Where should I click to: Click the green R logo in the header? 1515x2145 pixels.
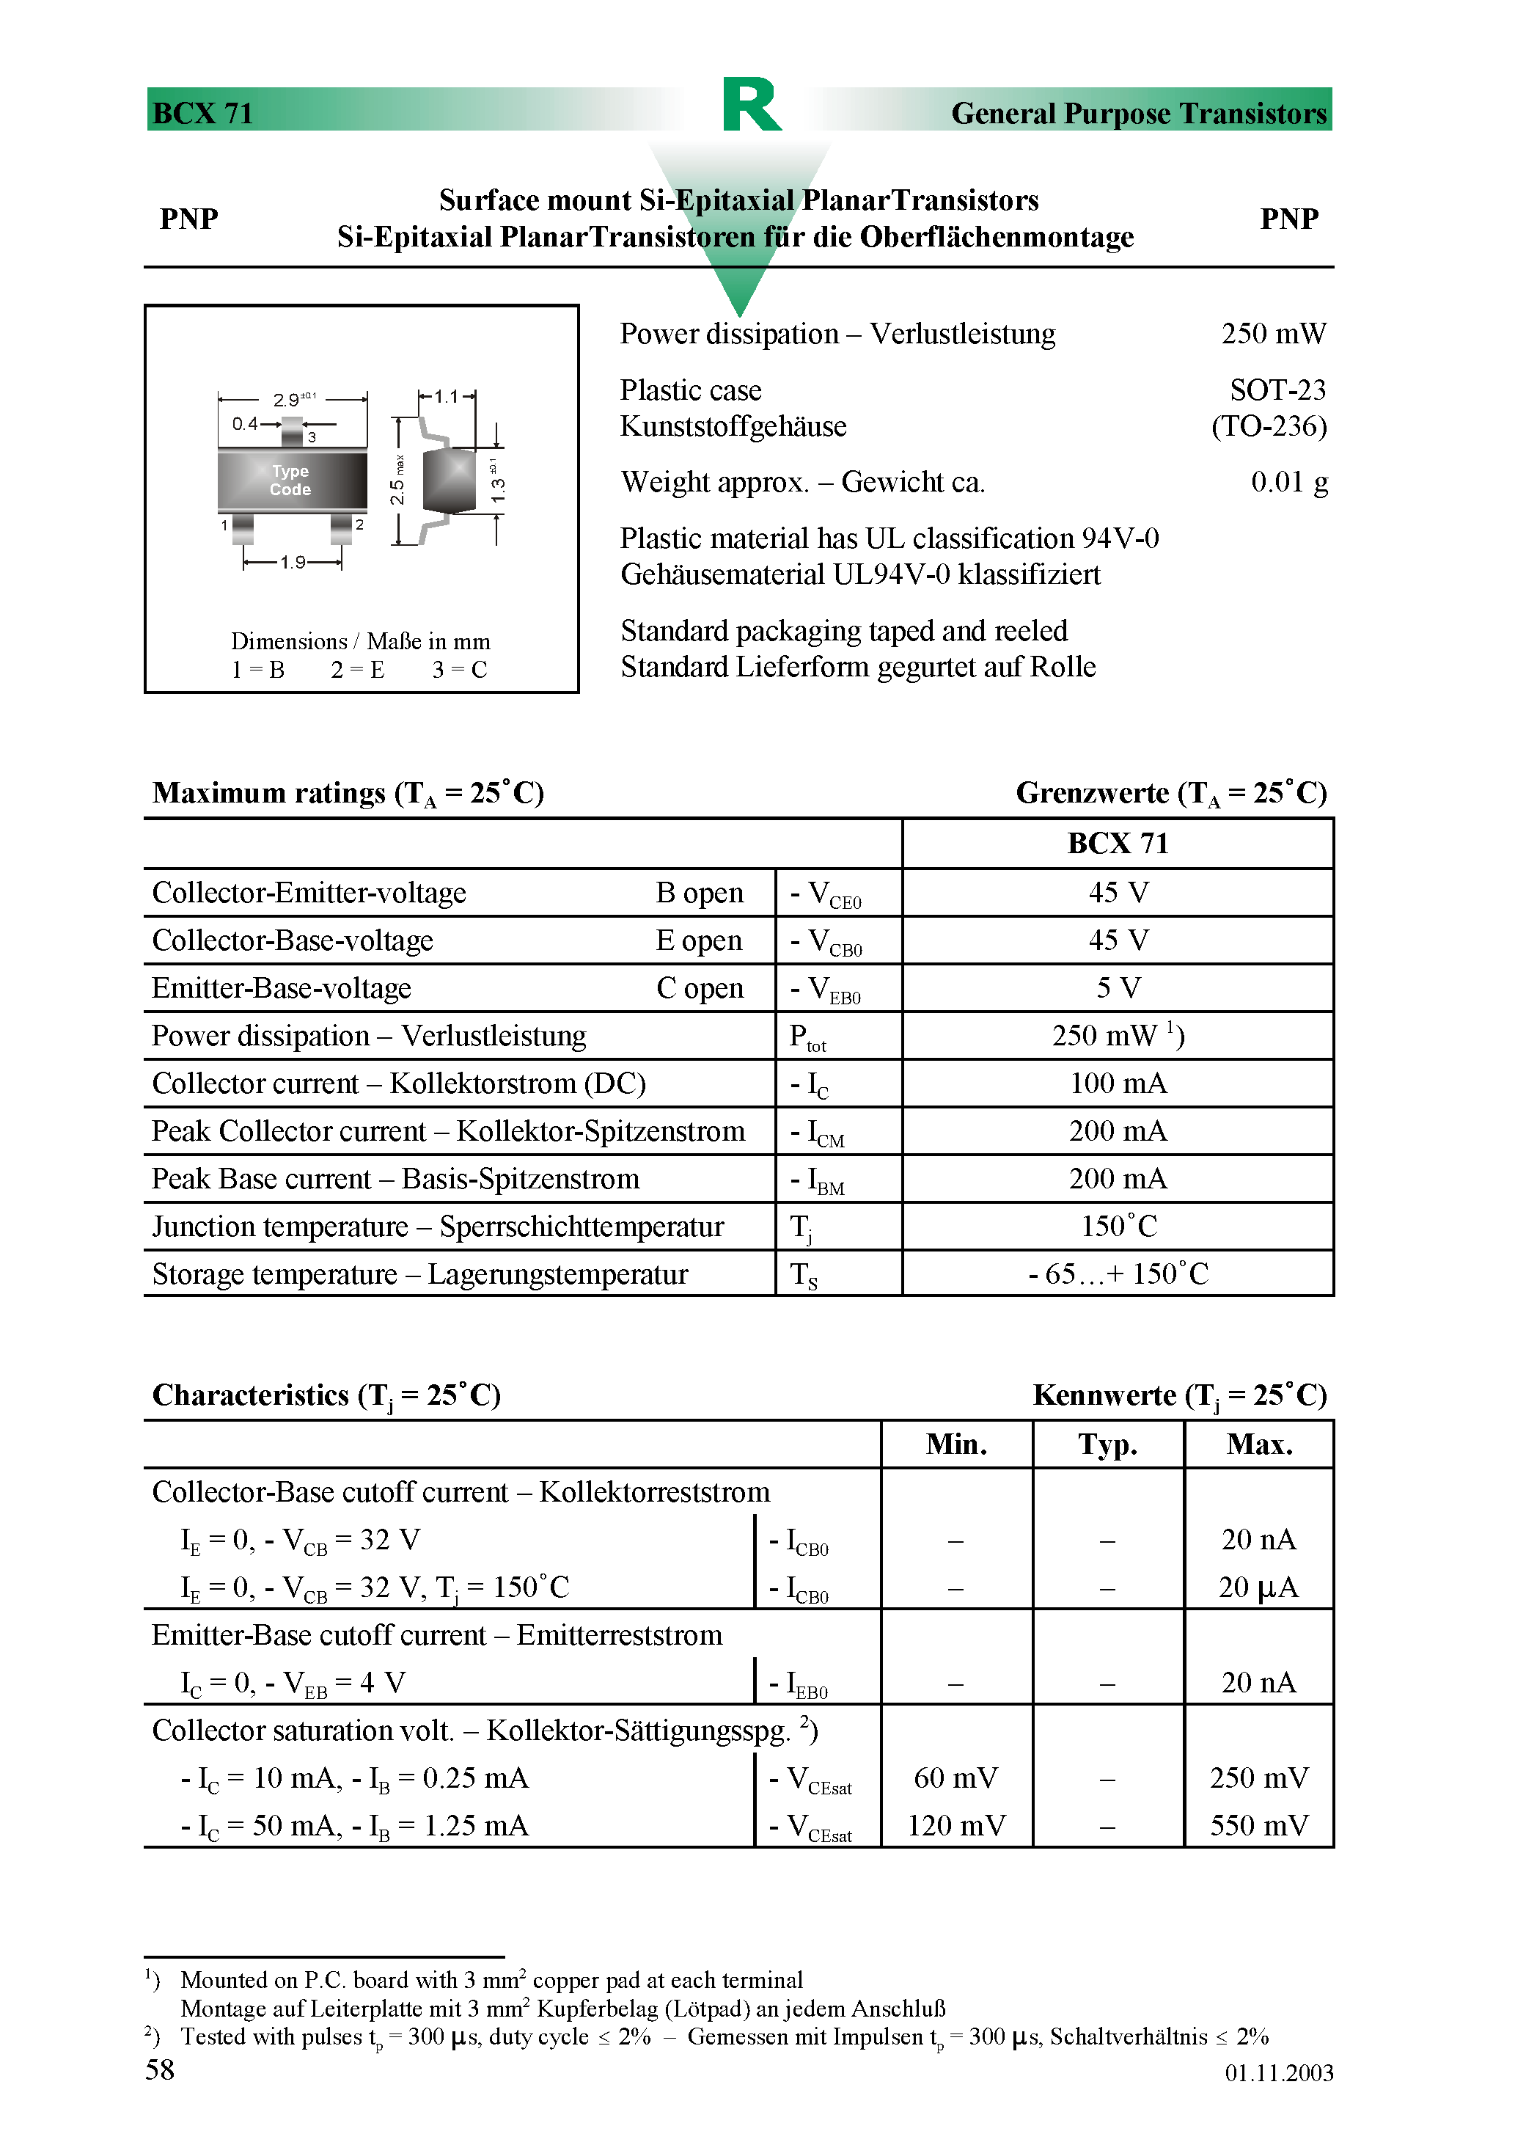point(751,105)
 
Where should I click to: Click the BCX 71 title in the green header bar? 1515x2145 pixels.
point(202,113)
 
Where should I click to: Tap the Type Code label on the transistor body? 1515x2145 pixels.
point(290,480)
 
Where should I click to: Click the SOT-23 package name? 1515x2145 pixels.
point(1277,390)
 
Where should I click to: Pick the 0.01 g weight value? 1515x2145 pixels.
point(1289,482)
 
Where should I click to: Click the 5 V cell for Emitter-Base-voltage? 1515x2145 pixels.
point(1118,988)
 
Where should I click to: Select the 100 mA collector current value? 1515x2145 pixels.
point(1118,1084)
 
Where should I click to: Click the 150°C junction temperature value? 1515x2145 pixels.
point(1118,1227)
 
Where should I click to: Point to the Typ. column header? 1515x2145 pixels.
point(1108,1444)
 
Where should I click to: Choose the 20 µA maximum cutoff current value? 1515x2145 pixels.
point(1258,1587)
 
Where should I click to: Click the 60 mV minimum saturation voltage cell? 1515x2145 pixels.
point(955,1778)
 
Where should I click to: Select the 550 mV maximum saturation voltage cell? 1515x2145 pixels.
point(1258,1825)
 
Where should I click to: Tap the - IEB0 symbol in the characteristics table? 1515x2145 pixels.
point(799,1684)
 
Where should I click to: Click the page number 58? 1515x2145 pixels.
point(160,2070)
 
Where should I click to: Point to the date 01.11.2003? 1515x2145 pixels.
point(1279,2073)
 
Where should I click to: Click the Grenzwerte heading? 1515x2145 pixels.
point(1170,793)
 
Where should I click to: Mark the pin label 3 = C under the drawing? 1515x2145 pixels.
point(460,670)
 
